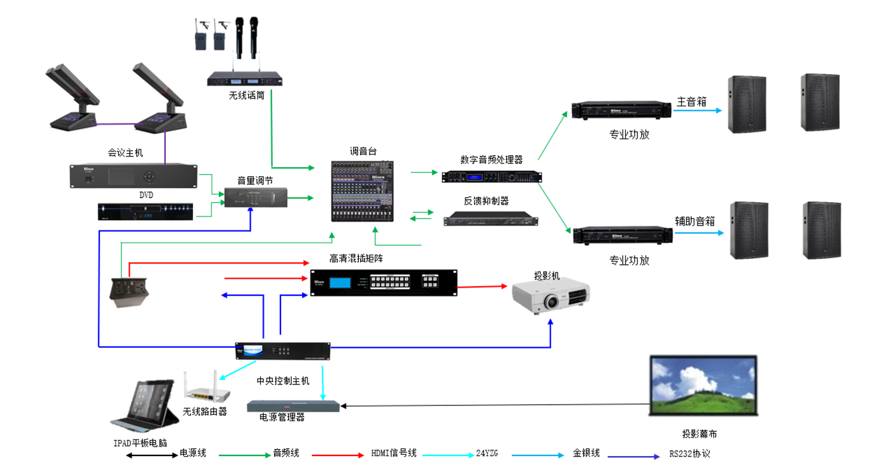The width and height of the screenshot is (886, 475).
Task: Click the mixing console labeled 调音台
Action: click(363, 191)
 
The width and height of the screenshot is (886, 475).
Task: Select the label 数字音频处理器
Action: click(492, 160)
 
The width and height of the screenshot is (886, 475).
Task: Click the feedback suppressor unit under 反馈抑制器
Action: click(491, 220)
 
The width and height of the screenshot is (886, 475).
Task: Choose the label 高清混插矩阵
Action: click(365, 258)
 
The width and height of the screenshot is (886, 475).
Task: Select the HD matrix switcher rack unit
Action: click(384, 282)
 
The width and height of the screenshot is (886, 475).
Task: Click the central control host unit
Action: click(283, 351)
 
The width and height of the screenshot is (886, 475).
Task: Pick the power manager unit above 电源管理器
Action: click(293, 406)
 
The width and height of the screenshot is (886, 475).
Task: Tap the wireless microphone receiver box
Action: click(244, 80)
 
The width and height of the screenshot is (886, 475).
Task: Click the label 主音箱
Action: click(692, 101)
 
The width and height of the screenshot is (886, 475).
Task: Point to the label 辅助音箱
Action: click(695, 221)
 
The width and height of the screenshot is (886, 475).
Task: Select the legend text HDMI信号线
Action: click(394, 453)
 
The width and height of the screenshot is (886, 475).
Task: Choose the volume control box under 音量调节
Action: click(256, 198)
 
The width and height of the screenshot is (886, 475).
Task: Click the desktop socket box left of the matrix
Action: click(128, 293)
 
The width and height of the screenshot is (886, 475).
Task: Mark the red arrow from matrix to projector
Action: click(485, 286)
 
